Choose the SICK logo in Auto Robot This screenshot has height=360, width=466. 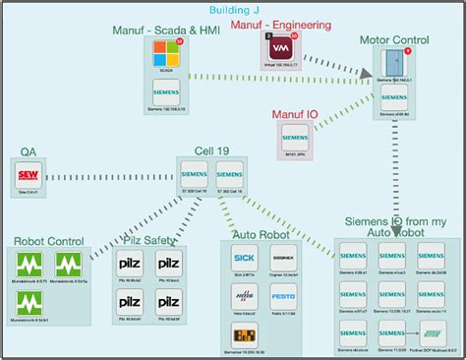tap(243, 260)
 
